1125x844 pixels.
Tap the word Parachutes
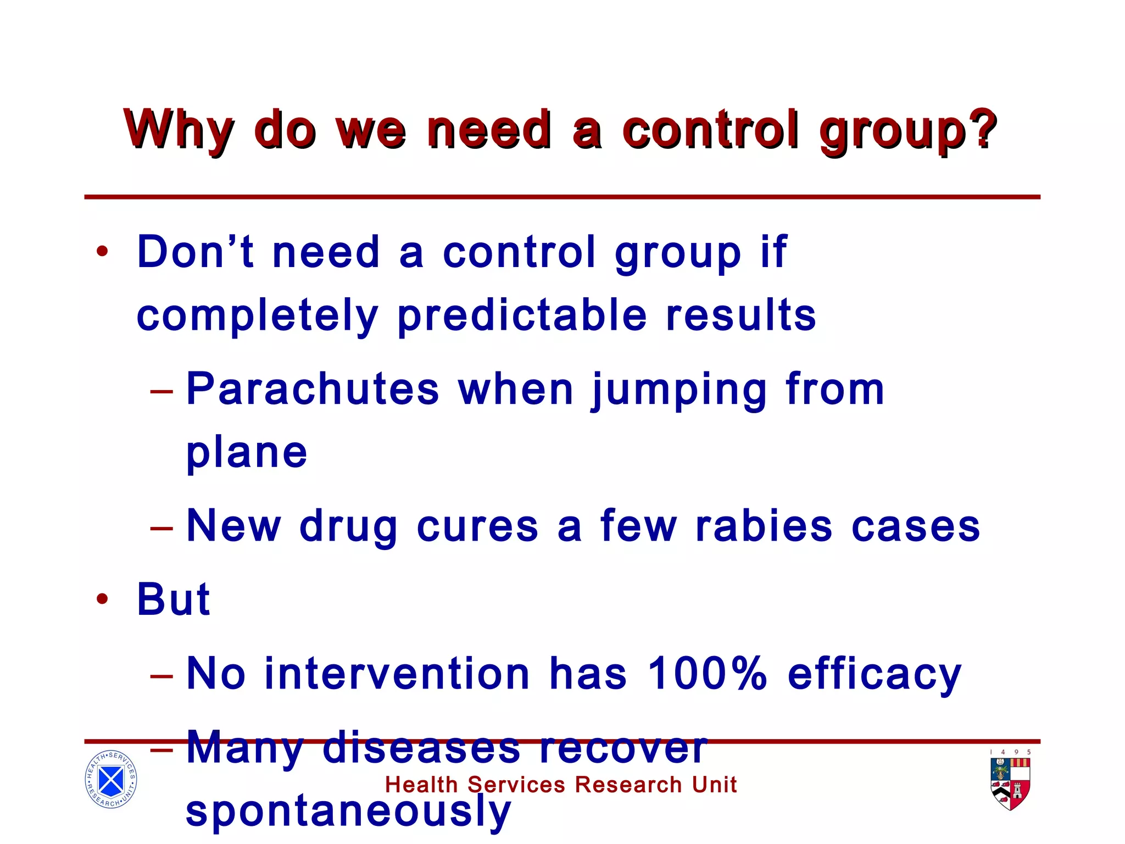coord(313,389)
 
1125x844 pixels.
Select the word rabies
coord(763,526)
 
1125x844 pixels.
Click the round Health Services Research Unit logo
coord(111,779)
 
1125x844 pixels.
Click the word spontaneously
coord(348,812)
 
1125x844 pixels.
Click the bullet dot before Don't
coord(102,252)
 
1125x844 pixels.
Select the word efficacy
coord(874,674)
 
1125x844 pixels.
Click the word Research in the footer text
coord(628,785)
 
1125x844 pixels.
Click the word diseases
coord(421,747)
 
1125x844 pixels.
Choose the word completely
coord(258,316)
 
